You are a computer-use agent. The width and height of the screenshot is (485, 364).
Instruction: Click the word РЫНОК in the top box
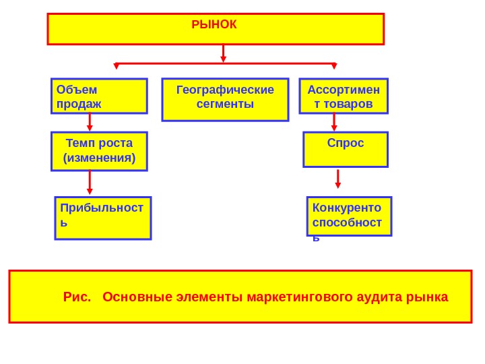[214, 24]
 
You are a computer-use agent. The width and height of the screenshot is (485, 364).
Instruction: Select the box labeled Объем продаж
[99, 96]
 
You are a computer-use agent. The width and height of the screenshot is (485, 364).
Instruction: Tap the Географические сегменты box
[225, 99]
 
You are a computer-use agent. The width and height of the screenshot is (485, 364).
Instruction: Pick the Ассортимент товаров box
[344, 96]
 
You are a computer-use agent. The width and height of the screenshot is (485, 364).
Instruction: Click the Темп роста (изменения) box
[99, 151]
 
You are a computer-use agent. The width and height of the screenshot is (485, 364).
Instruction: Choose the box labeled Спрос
[346, 149]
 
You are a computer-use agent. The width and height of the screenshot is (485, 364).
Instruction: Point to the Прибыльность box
[103, 218]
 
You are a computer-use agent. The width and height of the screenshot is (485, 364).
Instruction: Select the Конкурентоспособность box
[349, 216]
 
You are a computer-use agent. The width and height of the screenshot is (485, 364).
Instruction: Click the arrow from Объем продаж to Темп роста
[90, 123]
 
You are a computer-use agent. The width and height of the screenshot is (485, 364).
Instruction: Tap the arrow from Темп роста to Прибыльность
[90, 182]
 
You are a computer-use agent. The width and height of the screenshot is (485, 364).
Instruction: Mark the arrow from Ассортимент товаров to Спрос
[334, 123]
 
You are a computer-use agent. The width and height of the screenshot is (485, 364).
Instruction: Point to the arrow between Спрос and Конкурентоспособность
[338, 179]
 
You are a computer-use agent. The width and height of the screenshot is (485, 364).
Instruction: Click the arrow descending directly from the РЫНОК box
[224, 54]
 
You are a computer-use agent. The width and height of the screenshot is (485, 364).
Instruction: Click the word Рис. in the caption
[77, 297]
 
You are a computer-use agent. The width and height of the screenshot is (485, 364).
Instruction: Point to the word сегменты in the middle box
[225, 104]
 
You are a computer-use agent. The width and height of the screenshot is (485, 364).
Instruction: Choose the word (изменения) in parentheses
[99, 158]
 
